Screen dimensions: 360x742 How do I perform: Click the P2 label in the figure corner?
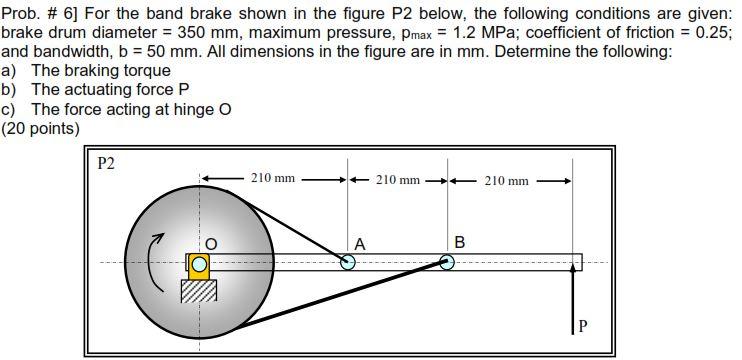tap(106, 163)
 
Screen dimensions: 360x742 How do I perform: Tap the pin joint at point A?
tap(348, 263)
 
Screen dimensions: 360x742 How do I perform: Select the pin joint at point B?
tap(447, 263)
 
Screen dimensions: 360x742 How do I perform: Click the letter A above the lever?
tap(359, 243)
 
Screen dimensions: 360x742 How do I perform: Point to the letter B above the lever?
tap(459, 241)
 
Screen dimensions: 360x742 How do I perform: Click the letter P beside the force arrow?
tap(584, 325)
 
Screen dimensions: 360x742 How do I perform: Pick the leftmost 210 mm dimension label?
tap(272, 179)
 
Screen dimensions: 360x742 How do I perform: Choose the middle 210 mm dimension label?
tap(398, 180)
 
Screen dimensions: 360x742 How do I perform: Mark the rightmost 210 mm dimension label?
tap(507, 180)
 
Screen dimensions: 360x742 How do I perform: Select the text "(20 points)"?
tap(41, 128)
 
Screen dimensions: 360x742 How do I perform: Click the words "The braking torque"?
tap(101, 70)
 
